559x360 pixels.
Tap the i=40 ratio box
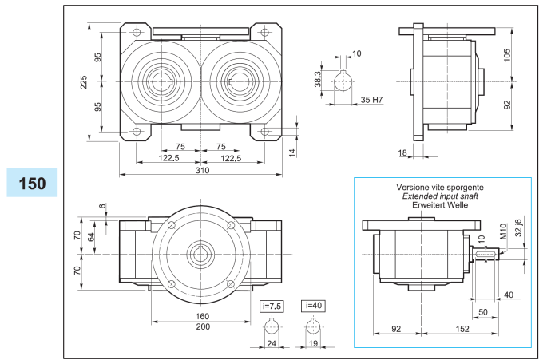point(313,305)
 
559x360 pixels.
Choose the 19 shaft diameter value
point(313,345)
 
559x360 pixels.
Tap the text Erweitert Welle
point(441,205)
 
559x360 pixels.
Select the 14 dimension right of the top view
point(292,152)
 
